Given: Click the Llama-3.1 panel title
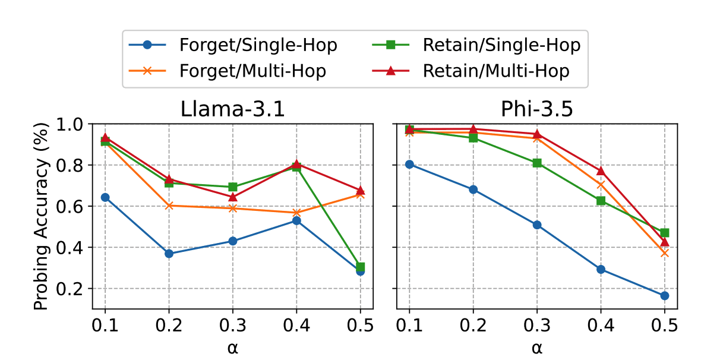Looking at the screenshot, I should pos(232,110).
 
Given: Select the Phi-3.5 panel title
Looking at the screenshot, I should pos(536,110).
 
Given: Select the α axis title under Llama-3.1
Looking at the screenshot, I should pos(232,348).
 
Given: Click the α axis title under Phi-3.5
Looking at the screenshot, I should pos(536,348).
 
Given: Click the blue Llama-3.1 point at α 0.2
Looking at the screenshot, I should pos(169,254).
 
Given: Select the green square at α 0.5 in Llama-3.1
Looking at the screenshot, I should pos(360,267).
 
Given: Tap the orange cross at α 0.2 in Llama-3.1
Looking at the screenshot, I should pos(169,206).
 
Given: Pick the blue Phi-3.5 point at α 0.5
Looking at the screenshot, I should pos(664,296).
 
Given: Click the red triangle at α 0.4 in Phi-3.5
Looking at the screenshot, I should pos(601,171).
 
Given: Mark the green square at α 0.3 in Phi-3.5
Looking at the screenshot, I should pos(537,163).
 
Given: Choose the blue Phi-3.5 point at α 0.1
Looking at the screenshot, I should pos(409,164).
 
